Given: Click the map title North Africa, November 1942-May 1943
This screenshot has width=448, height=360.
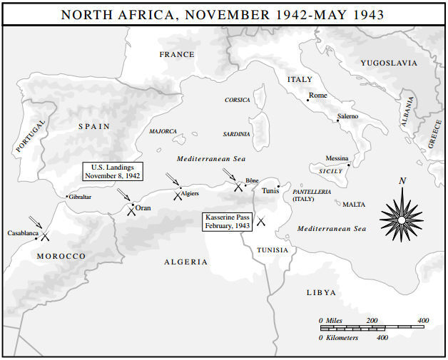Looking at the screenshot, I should (224, 14).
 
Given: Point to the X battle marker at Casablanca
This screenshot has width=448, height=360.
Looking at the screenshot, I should (45, 236).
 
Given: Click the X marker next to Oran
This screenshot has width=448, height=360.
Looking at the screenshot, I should (131, 210).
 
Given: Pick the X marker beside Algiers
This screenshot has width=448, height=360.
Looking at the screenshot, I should (178, 195).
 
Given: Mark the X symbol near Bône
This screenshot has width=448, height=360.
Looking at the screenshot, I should (238, 186).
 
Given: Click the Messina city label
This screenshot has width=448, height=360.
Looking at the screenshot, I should (337, 158).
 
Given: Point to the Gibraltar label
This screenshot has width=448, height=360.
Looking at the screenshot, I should (80, 197).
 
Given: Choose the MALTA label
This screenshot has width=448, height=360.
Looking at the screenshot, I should (354, 205).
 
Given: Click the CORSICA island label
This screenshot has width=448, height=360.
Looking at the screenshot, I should (238, 100).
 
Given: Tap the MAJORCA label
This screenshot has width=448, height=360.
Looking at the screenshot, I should (163, 131).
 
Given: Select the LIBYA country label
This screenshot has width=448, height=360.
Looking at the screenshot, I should (321, 292).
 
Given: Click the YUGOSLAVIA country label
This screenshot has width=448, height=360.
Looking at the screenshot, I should (389, 63).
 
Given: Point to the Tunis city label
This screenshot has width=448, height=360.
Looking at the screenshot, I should (270, 190).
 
